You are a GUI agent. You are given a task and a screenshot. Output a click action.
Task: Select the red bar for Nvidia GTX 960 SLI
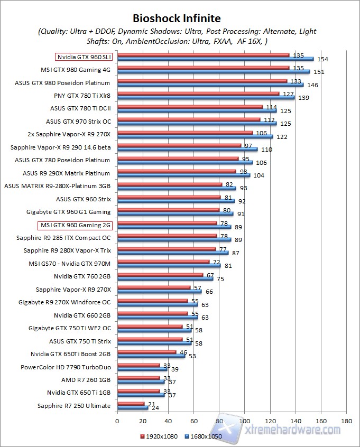click(x=203, y=54)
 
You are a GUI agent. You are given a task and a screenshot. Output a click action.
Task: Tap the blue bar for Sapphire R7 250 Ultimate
click(x=132, y=408)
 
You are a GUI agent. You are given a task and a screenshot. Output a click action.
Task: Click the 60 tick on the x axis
click(x=193, y=421)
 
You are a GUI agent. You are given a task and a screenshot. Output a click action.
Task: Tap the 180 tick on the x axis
click(x=346, y=421)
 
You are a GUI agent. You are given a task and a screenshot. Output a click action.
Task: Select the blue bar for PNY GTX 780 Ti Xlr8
click(x=206, y=98)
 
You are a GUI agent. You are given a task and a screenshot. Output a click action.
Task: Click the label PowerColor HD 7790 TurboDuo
click(x=66, y=367)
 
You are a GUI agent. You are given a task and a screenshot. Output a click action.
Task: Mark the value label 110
click(x=266, y=150)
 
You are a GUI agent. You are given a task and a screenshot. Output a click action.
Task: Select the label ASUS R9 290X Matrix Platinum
click(x=67, y=173)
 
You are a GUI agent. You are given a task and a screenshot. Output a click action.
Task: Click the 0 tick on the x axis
click(x=117, y=421)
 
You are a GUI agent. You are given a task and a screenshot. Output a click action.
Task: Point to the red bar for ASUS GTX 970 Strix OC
click(x=189, y=119)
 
